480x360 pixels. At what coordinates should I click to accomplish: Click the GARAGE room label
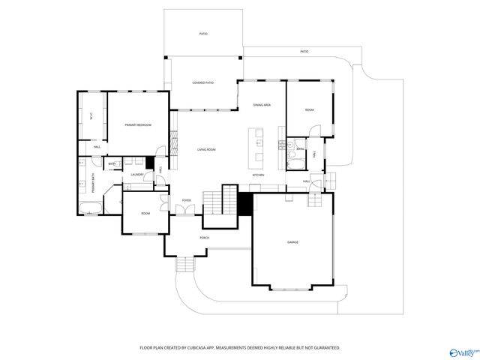[x=292, y=242]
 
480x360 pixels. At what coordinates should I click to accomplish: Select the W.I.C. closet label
[x=91, y=117]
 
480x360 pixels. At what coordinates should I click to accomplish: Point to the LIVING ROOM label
[x=206, y=150]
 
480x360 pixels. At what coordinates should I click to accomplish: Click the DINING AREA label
[x=261, y=106]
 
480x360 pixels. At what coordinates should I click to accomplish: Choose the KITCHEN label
[x=258, y=175]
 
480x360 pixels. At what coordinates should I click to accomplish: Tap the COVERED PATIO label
[x=202, y=82]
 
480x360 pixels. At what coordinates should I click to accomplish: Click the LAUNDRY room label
[x=137, y=175]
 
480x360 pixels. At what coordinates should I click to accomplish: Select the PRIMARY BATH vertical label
[x=84, y=184]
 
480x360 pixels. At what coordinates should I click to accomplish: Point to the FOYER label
[x=186, y=200]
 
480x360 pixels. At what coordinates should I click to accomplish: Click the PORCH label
[x=204, y=238]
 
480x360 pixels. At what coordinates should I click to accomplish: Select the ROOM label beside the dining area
[x=309, y=110]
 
